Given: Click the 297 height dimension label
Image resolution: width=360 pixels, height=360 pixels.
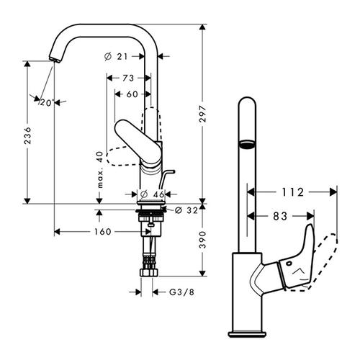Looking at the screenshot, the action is (x=203, y=114).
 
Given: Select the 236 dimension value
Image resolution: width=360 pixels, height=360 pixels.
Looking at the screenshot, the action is (x=27, y=135).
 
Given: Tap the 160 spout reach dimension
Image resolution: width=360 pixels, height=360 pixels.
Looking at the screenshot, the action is (x=102, y=232).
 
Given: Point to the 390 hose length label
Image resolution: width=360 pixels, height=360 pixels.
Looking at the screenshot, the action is (x=203, y=240).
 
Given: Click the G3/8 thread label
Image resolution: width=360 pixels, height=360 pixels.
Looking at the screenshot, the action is (x=181, y=292).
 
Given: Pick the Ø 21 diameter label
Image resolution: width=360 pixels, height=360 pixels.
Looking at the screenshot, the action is (x=117, y=57).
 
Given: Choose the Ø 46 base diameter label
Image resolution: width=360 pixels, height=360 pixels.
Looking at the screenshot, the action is (x=152, y=194).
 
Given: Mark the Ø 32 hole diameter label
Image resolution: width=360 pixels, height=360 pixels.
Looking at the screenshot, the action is (x=186, y=210).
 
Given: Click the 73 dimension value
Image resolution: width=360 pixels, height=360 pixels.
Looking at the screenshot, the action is (x=128, y=78).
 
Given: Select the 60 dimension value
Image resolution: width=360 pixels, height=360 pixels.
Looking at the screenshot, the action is (x=132, y=94).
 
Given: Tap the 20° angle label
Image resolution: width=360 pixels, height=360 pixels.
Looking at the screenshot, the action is (x=46, y=102).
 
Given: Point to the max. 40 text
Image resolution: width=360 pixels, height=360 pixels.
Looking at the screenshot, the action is (x=100, y=169).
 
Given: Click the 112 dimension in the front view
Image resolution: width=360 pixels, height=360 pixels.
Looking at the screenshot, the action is (x=292, y=192).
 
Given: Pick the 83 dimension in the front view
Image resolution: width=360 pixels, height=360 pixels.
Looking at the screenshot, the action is (x=280, y=216).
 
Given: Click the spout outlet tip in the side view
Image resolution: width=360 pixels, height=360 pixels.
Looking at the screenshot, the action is (x=55, y=59).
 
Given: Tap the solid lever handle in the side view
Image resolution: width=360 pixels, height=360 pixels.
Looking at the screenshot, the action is (x=138, y=142).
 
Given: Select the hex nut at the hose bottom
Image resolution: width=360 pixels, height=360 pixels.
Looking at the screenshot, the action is (x=149, y=273).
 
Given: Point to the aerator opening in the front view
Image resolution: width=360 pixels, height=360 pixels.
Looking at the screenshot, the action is (x=247, y=145).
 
